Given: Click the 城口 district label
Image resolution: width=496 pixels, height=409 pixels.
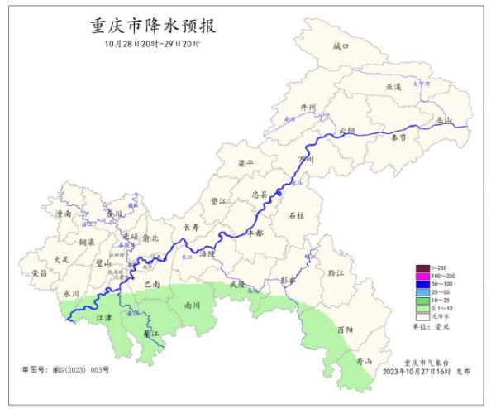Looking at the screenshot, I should coord(341,47).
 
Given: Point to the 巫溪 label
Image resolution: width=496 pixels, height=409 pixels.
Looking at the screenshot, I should coord(393,86).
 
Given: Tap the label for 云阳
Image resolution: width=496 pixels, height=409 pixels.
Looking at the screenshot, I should coord(346,131).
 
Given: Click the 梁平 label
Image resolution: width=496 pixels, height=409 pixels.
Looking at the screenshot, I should coord(246,164).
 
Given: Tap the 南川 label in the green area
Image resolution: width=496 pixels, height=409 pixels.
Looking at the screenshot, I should coord(193,305).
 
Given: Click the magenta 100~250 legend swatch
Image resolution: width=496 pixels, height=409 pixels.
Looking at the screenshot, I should coord(422,275).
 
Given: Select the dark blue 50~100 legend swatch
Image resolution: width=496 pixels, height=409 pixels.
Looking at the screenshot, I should coord(422,283).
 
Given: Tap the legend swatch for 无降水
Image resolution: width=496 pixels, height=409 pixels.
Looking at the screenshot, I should coord(422,315).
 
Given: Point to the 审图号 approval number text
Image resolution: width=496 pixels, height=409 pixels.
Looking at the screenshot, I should coord(65,368).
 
